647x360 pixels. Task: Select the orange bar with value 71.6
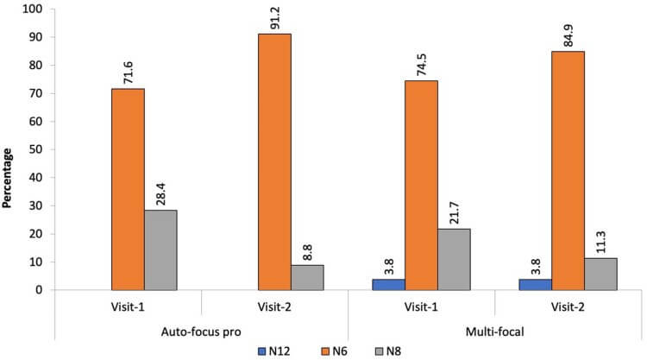coord(128,189)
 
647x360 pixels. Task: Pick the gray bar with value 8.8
coord(307,277)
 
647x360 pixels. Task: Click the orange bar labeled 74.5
coord(421,185)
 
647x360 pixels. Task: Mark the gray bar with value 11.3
coord(600,274)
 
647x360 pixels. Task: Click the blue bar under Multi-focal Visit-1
coord(388,284)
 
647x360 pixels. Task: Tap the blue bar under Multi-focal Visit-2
coord(535,284)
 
